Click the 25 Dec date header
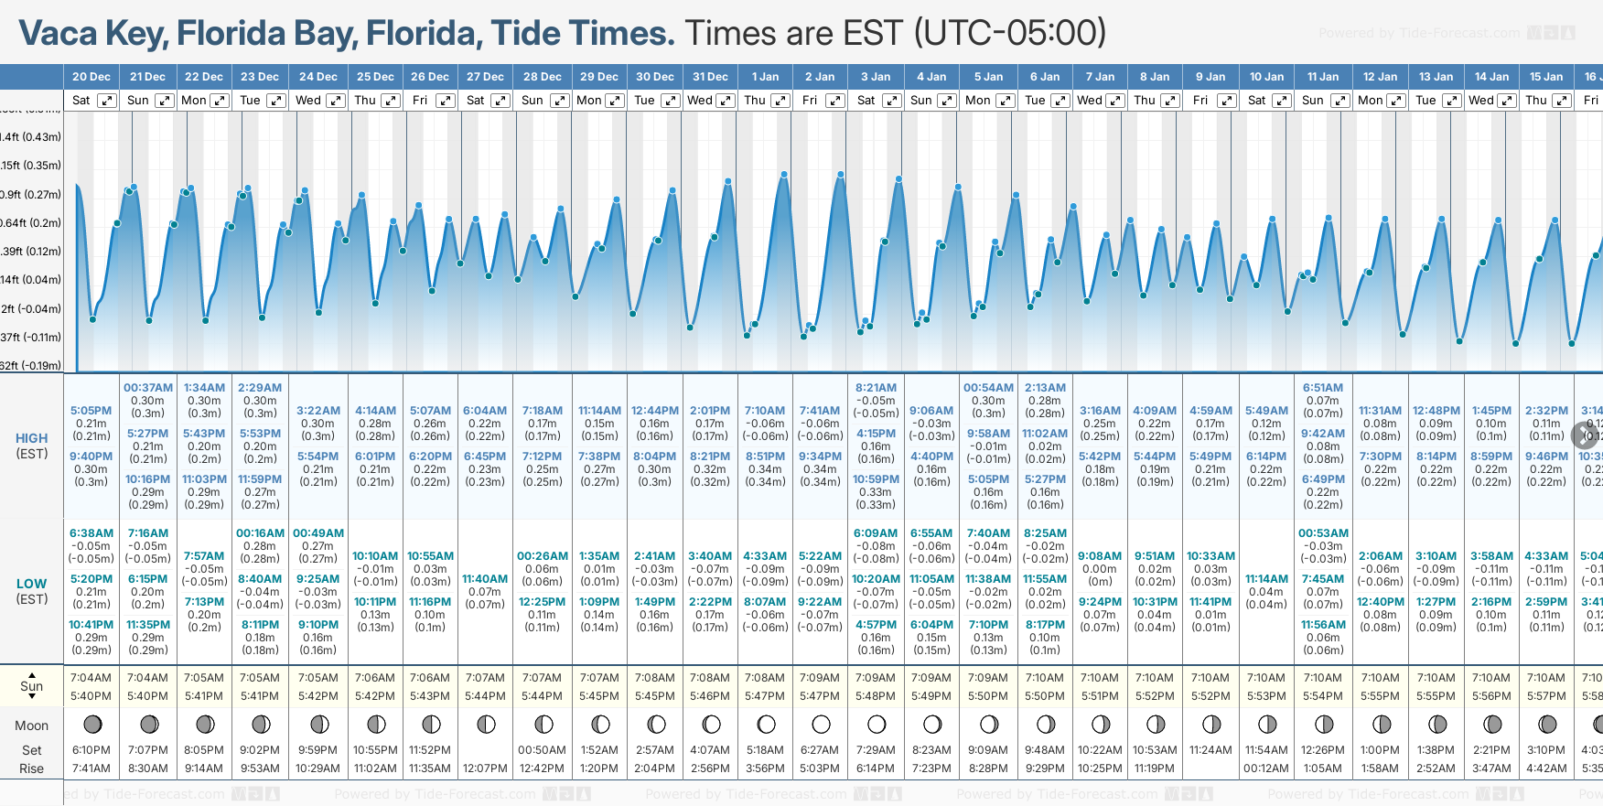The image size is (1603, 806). (375, 77)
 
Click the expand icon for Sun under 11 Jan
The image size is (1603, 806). (1339, 101)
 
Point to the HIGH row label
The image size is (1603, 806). (32, 438)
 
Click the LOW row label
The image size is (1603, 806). (32, 584)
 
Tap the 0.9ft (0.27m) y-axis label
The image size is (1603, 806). (31, 194)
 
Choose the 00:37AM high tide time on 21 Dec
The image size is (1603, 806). (148, 388)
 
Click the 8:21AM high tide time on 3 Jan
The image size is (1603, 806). (876, 388)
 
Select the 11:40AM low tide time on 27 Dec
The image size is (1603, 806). (485, 579)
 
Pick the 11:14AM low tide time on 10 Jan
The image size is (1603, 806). (1266, 579)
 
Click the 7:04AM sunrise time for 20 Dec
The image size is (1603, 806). (91, 678)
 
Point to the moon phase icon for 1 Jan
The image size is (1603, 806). (766, 725)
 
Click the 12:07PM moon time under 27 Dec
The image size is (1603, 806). (485, 768)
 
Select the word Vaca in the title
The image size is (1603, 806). (58, 33)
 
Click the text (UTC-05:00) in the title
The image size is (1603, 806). (1010, 33)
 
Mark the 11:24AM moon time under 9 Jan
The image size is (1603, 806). (1210, 750)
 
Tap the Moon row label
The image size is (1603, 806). (31, 725)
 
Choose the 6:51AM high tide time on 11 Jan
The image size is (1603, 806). (1323, 388)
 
